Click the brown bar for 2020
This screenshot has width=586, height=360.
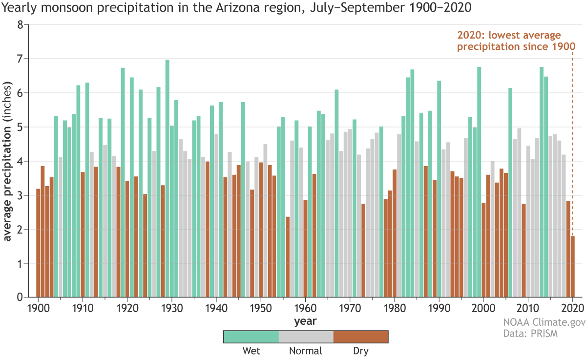point(572,267)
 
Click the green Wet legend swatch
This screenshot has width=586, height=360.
point(251,337)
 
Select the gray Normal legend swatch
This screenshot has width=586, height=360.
point(306,337)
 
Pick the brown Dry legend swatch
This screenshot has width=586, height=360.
point(360,337)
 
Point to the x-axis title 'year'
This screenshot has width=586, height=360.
point(305,321)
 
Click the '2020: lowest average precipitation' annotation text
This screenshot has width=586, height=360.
point(515,41)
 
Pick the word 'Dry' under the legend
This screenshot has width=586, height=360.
point(360,351)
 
